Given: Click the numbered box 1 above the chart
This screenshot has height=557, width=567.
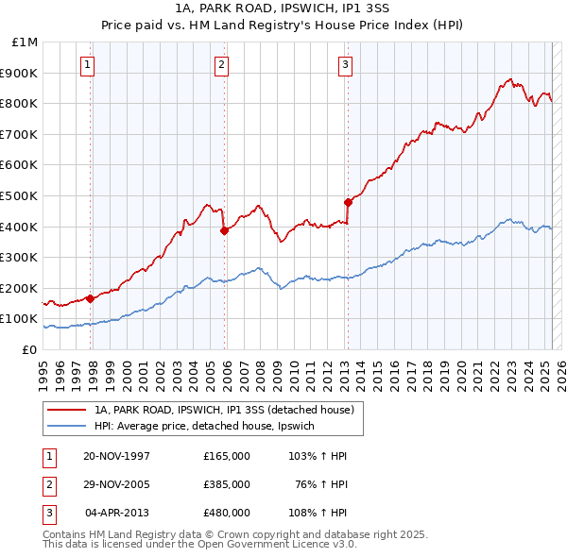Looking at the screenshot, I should [87, 65].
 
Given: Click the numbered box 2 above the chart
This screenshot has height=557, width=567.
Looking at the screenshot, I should [221, 65].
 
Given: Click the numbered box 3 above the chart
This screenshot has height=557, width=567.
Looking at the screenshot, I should [345, 65].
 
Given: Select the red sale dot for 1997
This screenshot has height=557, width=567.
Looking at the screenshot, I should [91, 298].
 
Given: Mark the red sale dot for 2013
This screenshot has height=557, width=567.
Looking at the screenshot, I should [348, 201].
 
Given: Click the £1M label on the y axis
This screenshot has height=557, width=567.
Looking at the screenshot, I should [26, 42].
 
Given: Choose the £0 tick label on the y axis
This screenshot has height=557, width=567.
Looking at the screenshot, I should [30, 349].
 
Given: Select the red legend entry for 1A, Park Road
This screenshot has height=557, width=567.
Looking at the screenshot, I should [224, 410].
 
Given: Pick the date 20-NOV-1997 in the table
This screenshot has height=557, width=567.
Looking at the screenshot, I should [116, 456].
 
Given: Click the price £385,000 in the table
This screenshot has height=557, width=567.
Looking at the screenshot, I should [227, 484].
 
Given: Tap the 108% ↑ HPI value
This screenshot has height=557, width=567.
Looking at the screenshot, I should [314, 513].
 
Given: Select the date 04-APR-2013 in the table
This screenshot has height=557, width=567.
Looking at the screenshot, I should [117, 513].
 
